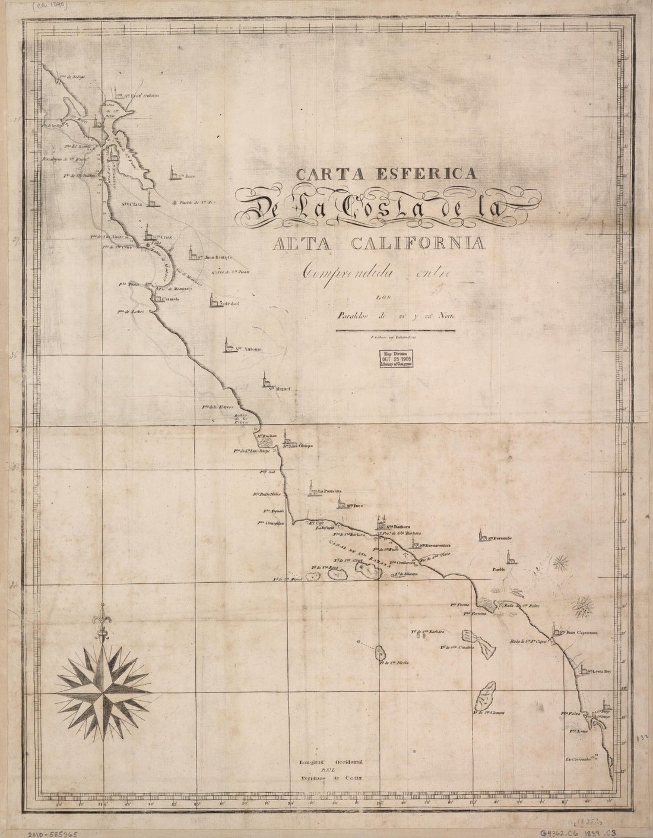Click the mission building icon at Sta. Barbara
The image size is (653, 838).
(380, 523)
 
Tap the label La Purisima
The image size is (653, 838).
(331, 492)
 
